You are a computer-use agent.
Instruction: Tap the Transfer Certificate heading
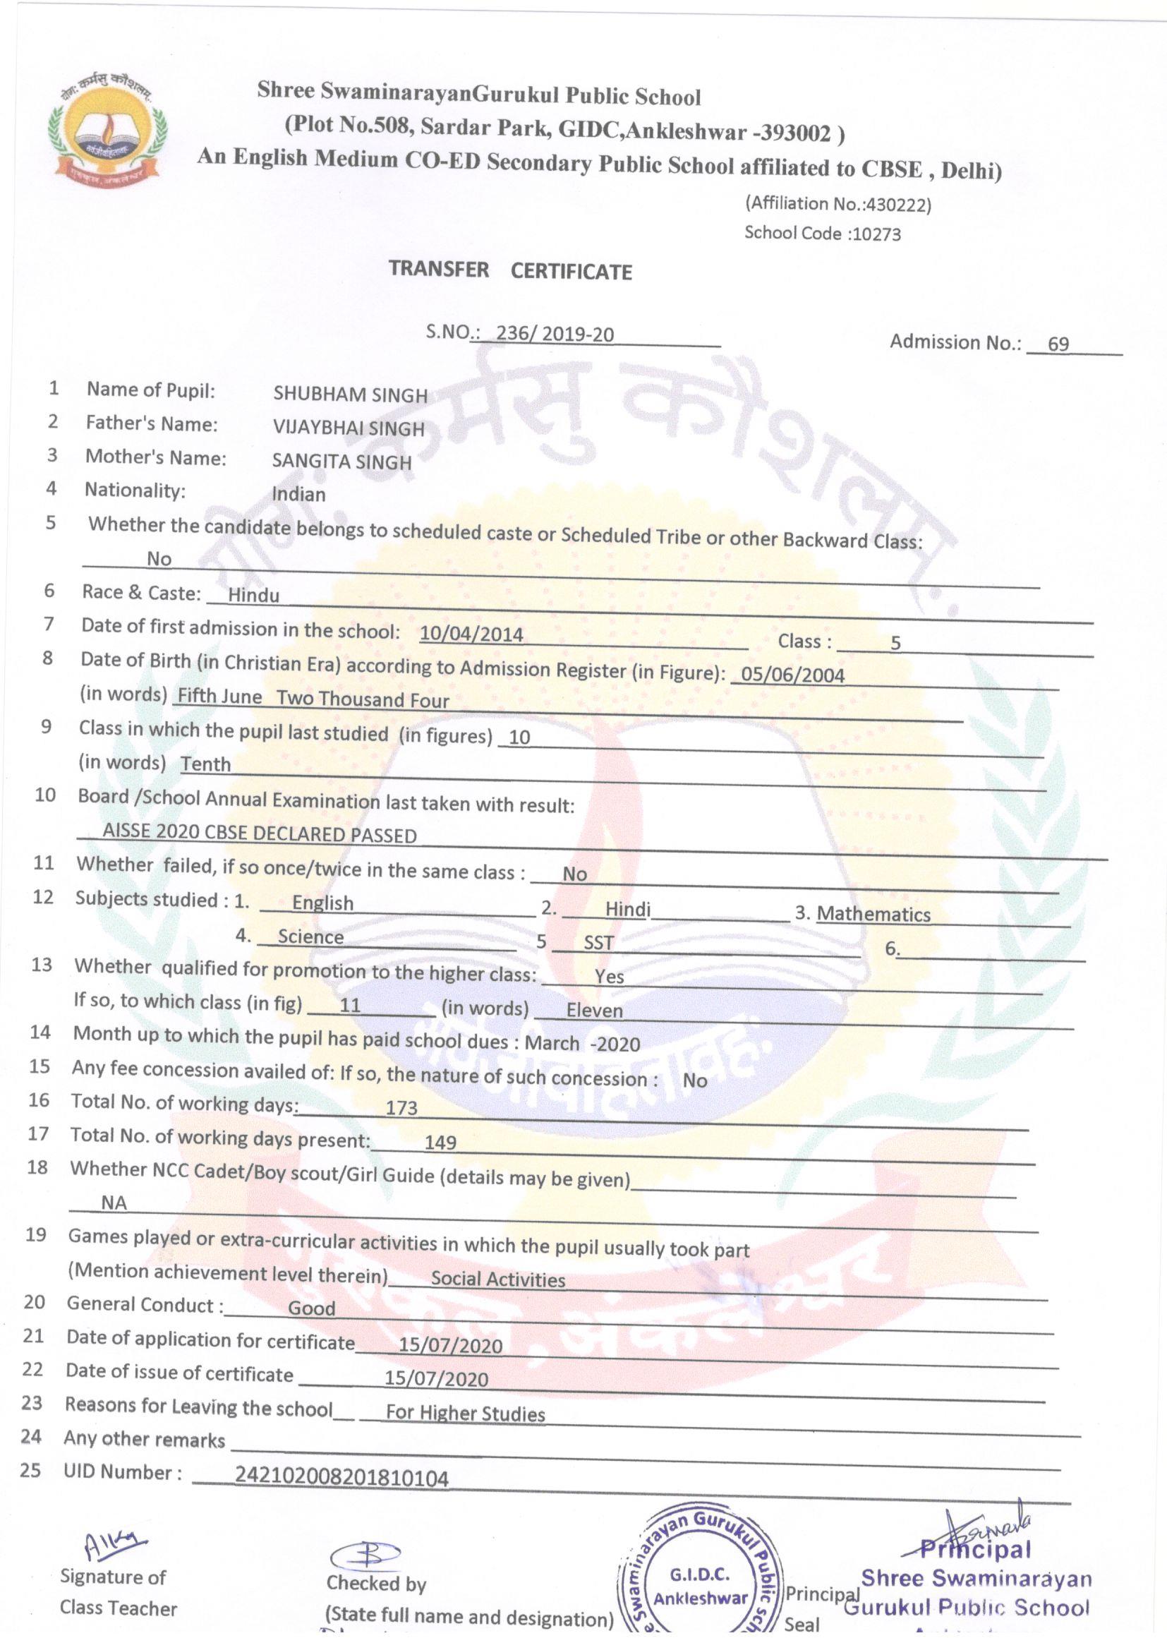tap(510, 270)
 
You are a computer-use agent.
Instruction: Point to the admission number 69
tap(1058, 344)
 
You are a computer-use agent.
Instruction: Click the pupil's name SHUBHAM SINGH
tap(350, 395)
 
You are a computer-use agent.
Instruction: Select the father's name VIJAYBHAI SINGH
tap(349, 428)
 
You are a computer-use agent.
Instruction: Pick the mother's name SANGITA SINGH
tap(341, 462)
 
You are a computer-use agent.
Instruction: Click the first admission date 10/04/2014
tap(471, 634)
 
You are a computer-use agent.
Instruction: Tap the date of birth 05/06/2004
tap(792, 675)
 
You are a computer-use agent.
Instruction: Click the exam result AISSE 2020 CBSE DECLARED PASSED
tap(260, 833)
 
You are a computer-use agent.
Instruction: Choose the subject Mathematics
tap(873, 914)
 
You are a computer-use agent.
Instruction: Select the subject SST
tap(598, 942)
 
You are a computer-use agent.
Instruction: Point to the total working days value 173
tap(401, 1107)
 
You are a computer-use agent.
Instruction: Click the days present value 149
tap(440, 1142)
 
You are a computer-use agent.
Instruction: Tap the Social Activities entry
tap(497, 1279)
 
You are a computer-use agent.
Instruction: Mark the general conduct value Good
tap(311, 1308)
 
